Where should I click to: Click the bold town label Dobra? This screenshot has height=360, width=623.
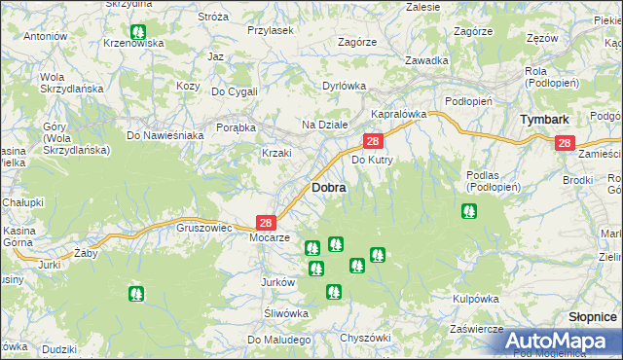click(x=329, y=187)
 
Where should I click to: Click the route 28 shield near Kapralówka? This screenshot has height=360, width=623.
click(x=373, y=142)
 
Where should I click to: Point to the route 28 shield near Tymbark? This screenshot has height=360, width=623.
click(x=566, y=143)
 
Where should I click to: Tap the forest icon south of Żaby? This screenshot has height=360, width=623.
click(x=135, y=292)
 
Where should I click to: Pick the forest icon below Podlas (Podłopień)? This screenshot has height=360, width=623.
click(x=469, y=210)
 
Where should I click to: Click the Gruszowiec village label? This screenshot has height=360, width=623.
click(x=202, y=227)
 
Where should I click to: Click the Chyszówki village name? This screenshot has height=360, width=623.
click(x=365, y=337)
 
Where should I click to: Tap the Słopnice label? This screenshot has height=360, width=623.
click(x=593, y=317)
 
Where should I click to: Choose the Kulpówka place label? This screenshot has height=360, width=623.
click(x=476, y=299)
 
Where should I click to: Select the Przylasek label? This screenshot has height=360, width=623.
click(x=270, y=30)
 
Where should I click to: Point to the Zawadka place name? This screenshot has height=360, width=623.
click(x=427, y=60)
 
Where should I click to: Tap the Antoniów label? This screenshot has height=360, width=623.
click(x=44, y=36)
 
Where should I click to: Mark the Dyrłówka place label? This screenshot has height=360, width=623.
click(x=344, y=86)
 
